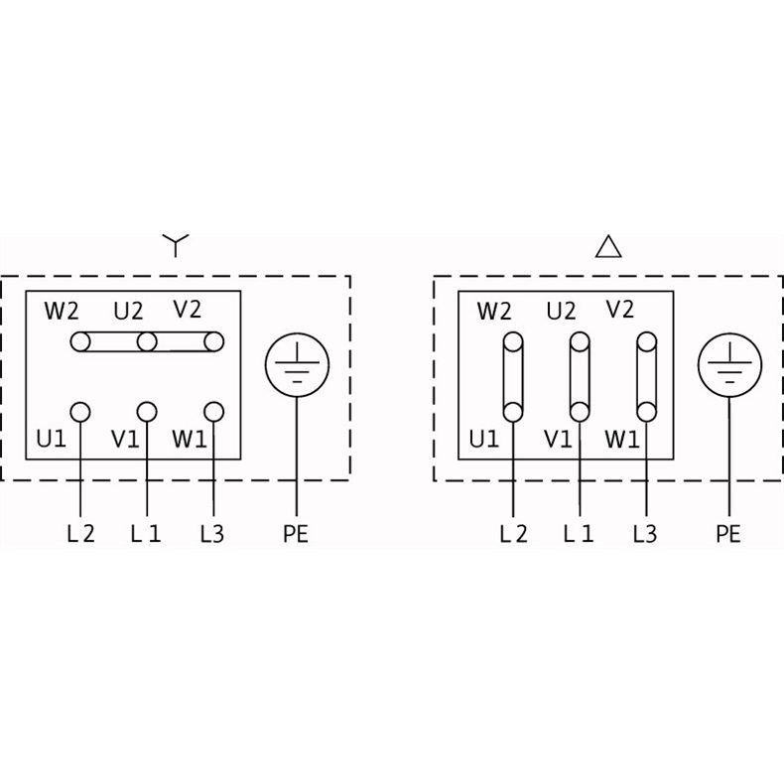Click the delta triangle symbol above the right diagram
(608, 246)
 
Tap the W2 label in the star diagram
(62, 311)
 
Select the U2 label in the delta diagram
(562, 311)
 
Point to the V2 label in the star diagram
(188, 309)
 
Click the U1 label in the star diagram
(51, 439)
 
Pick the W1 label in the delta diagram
(622, 440)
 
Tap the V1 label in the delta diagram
(558, 440)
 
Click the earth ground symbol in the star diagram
(297, 365)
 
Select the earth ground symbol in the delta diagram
(730, 365)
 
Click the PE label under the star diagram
(296, 534)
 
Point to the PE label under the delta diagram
(728, 534)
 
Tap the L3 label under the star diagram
(212, 534)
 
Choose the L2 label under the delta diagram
(513, 534)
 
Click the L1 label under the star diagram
(146, 534)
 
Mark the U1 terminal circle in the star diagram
(80, 413)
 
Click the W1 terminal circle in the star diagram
(214, 413)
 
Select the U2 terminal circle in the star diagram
(147, 342)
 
